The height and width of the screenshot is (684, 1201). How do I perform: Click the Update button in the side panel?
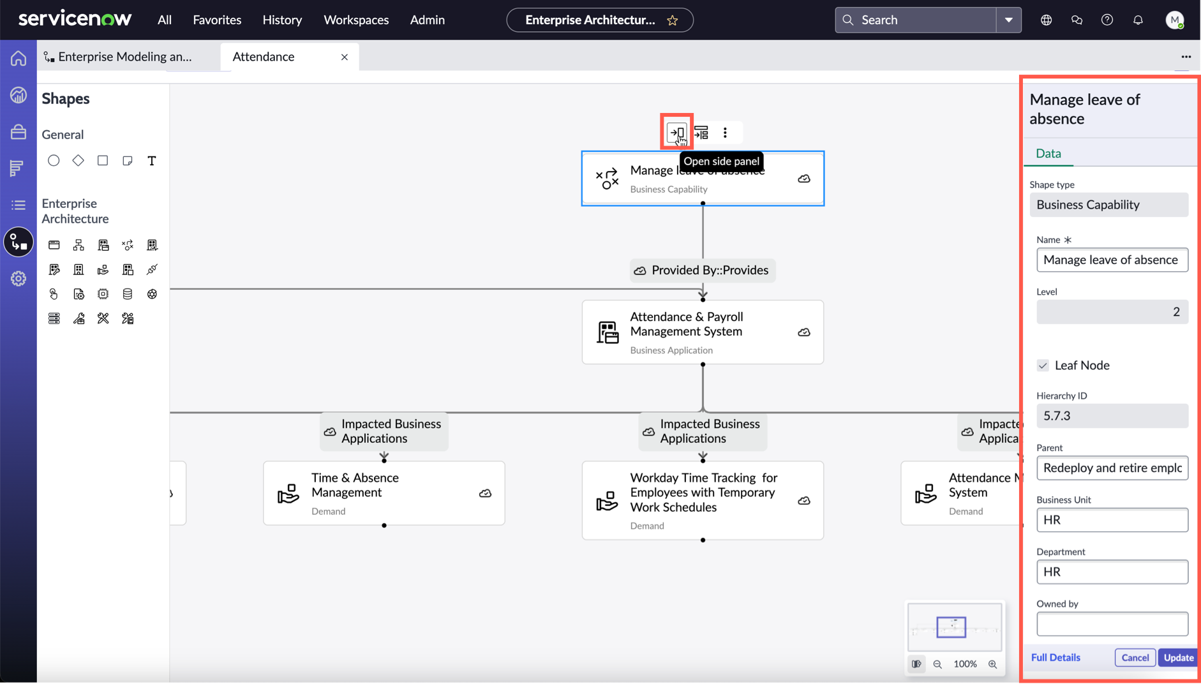[1178, 657]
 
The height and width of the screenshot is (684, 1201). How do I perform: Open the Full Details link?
[1056, 657]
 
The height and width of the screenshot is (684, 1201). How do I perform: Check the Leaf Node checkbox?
[1043, 366]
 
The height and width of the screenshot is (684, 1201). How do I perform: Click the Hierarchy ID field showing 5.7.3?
[1112, 416]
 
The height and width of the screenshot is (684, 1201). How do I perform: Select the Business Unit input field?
[1112, 520]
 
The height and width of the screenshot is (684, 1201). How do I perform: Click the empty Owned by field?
[1112, 624]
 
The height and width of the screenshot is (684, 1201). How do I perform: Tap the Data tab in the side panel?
[1048, 153]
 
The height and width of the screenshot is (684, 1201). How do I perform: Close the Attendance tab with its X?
[345, 57]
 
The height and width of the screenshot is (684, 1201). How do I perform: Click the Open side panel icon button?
[676, 133]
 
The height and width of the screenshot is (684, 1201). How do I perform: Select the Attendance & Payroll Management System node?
[703, 332]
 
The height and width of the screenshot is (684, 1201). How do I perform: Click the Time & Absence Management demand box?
[384, 493]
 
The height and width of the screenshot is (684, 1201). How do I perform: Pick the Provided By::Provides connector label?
[703, 271]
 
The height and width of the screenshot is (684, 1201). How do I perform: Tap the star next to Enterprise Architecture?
[673, 20]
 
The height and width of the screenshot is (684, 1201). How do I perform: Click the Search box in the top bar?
[915, 20]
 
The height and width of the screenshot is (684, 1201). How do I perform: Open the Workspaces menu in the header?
[356, 20]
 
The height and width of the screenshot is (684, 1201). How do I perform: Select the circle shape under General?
[54, 161]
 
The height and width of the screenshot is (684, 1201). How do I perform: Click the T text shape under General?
[152, 161]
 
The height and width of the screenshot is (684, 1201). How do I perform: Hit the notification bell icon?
[1138, 20]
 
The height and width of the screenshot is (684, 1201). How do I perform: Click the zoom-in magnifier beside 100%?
[992, 664]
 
